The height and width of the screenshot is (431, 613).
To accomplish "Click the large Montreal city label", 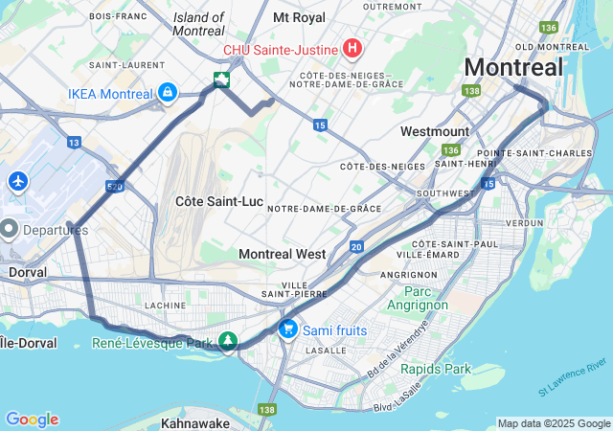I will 513,68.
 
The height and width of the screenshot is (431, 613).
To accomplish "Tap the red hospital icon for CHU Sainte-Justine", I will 352,48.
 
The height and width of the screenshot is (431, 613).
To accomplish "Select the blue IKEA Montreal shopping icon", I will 168,93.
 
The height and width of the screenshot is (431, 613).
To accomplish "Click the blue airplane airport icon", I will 17,181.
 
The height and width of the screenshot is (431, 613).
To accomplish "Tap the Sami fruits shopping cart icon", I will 287,329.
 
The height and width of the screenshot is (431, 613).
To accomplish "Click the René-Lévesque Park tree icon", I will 227,341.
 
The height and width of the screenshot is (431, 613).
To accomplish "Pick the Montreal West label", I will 282,254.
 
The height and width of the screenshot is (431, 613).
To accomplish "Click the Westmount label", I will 435,130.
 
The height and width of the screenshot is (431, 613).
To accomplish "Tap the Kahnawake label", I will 195,422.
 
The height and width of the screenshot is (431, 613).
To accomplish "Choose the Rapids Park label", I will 436,369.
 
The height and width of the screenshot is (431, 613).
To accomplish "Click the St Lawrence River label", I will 572,376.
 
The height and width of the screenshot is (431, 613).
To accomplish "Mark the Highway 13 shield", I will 74,143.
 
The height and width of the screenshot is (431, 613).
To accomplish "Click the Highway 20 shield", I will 356,247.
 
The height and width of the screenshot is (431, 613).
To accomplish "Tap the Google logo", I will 32,420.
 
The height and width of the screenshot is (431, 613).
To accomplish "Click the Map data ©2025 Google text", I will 554,423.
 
